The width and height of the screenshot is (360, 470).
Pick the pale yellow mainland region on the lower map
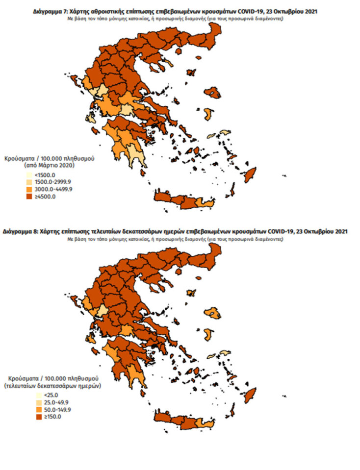coord(103,312)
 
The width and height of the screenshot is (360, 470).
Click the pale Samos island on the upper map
coord(225,132)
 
